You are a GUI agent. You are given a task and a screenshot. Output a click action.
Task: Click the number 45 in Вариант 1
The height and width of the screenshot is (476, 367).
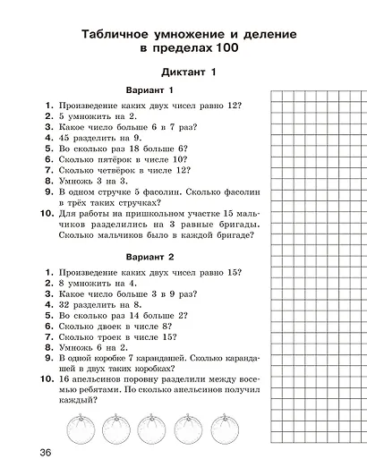65,139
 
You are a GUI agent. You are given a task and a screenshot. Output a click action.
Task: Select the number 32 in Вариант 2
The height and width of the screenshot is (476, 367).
65,304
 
